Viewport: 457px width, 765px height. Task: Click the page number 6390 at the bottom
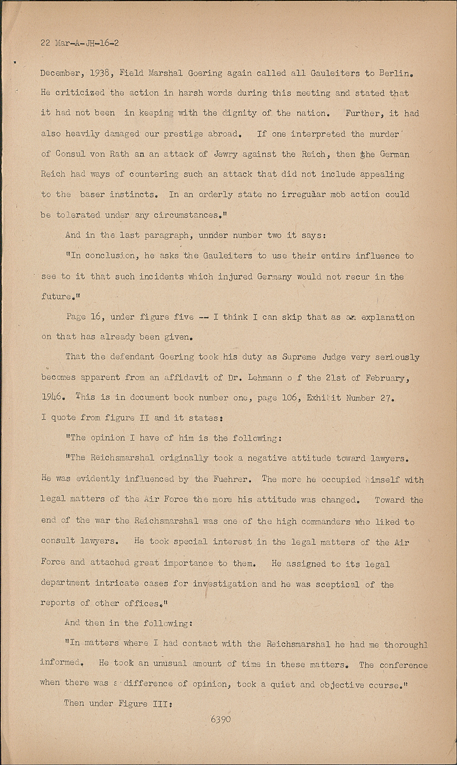click(220, 719)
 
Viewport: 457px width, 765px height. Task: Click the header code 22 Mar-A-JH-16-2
click(80, 43)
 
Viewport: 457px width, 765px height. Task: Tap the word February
click(380, 377)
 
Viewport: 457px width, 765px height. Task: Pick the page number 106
click(291, 398)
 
